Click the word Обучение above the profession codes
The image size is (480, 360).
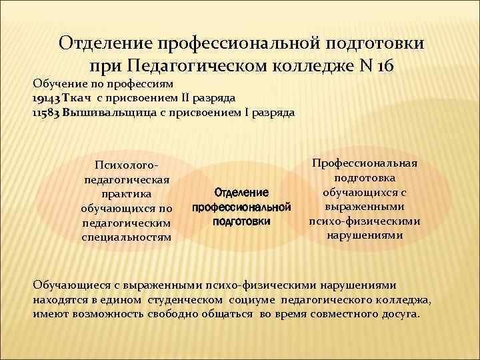point(57,85)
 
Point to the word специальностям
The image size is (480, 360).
point(126,237)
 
